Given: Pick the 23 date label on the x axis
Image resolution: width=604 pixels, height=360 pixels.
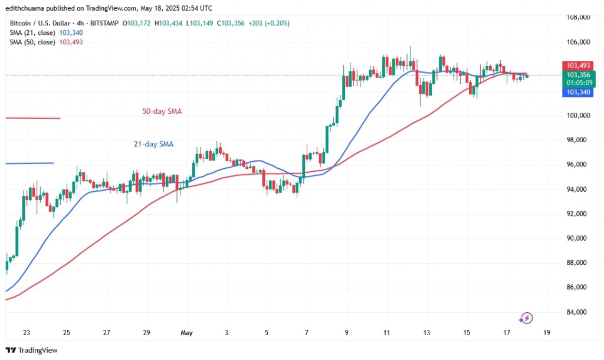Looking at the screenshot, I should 26,332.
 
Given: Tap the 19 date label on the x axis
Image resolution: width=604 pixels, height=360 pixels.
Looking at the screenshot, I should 546,332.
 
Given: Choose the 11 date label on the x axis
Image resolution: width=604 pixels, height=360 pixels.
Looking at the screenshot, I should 386,332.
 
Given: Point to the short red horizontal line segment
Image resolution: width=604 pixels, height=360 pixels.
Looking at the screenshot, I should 32,118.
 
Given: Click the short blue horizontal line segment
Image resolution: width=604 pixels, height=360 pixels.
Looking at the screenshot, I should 29,163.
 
